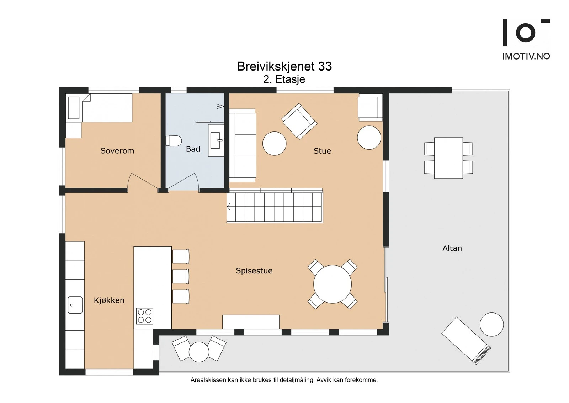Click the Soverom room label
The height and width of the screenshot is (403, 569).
tap(117, 151)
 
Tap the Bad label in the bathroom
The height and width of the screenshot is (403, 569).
tap(193, 149)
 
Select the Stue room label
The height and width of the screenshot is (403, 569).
tap(322, 151)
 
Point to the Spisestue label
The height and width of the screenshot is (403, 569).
tap(254, 270)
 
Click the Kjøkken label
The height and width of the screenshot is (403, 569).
tap(109, 300)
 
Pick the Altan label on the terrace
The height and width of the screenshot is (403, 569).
tap(452, 248)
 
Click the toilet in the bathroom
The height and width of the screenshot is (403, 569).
tap(174, 141)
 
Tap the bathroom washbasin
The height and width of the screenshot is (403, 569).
tap(216, 140)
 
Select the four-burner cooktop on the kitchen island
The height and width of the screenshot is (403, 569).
tap(144, 316)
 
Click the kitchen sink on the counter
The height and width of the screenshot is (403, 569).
tap(75, 305)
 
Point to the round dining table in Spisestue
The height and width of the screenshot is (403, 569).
tap(333, 284)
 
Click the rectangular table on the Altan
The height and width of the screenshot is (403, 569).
tap(448, 158)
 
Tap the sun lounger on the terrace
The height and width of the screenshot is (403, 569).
tap(466, 341)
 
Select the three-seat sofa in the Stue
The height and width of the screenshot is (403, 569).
tap(243, 145)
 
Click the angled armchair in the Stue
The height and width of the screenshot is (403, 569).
tap(299, 121)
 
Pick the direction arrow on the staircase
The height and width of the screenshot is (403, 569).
tap(229, 207)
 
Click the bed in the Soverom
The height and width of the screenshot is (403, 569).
tap(99, 108)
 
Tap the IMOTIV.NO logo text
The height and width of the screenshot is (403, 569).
tap(526, 56)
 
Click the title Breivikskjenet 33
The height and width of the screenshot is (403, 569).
tap(284, 66)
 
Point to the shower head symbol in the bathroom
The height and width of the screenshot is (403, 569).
tap(220, 107)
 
